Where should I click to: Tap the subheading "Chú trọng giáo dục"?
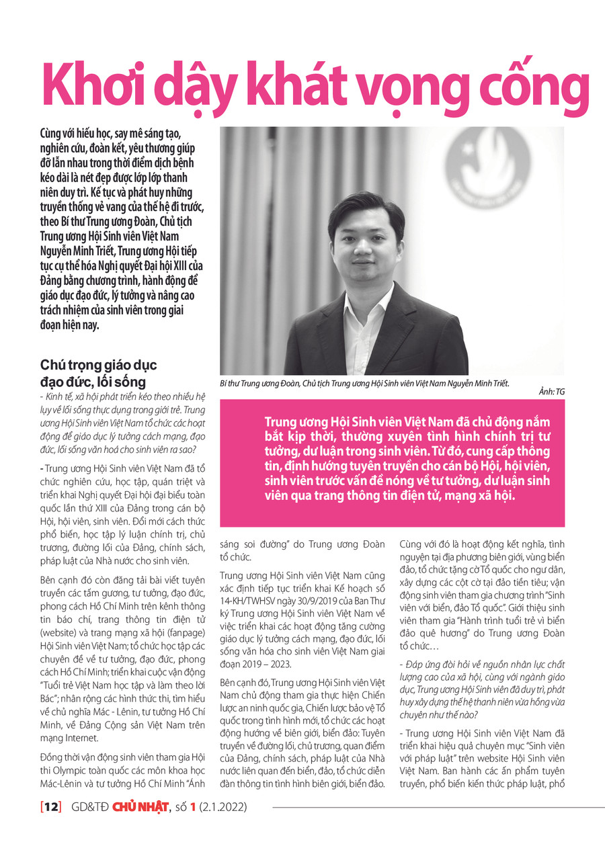(x=98, y=366)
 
